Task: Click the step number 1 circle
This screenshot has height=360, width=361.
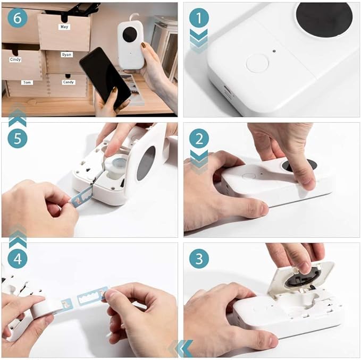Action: pyautogui.click(x=199, y=19)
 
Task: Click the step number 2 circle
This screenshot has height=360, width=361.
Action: pyautogui.click(x=199, y=139)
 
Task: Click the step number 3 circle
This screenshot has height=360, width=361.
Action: pyautogui.click(x=199, y=259)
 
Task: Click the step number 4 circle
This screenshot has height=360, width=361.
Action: pyautogui.click(x=18, y=259)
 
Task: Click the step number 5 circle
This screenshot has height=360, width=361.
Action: pyautogui.click(x=18, y=139)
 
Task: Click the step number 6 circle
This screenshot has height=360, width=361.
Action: pyautogui.click(x=18, y=19)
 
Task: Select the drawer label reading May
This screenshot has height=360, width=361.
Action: pyautogui.click(x=64, y=27)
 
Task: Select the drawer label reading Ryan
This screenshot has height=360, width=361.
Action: pyautogui.click(x=66, y=55)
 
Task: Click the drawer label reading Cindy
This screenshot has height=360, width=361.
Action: pyautogui.click(x=16, y=60)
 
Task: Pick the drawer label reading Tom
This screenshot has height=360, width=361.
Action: pyautogui.click(x=27, y=83)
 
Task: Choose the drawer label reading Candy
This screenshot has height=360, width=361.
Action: pyautogui.click(x=69, y=83)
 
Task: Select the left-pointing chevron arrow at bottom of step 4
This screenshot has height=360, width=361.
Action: pyautogui.click(x=180, y=348)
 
